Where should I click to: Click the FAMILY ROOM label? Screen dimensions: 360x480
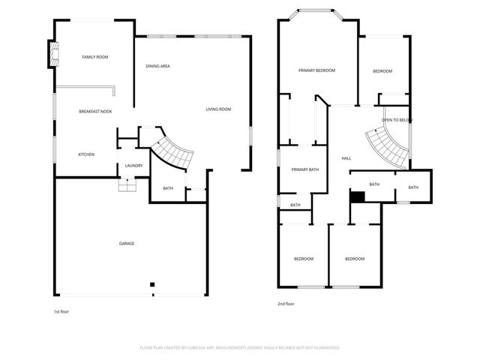[95, 57]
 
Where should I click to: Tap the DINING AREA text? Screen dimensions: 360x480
[157, 66]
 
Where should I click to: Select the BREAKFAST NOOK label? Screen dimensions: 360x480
[95, 112]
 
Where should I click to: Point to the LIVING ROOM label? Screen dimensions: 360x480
[218, 109]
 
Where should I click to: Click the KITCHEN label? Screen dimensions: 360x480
[86, 154]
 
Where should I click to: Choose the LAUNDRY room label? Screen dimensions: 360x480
[134, 166]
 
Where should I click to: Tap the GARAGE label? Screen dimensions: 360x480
[127, 243]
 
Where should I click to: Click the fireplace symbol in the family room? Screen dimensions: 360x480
[53, 54]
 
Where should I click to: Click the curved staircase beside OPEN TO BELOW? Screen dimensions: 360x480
[387, 145]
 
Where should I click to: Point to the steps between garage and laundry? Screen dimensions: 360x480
[127, 185]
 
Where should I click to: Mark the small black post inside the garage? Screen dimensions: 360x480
[151, 284]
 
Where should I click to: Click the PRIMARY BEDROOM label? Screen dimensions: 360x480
[316, 70]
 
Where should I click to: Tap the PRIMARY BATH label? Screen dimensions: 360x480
[305, 169]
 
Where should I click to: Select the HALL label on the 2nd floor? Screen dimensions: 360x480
[346, 158]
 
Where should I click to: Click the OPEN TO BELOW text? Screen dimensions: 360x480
[397, 120]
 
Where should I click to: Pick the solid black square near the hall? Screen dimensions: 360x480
[358, 196]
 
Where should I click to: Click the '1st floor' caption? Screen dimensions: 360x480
[61, 311]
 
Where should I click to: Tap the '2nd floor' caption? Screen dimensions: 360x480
[286, 304]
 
